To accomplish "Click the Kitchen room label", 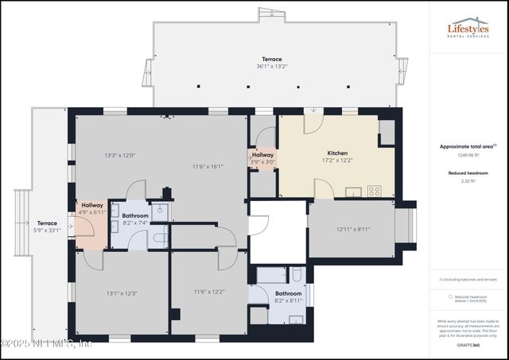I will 337,153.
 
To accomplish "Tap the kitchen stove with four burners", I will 375,191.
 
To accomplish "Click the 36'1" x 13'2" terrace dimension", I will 273,67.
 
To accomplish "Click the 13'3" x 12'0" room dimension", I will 119,155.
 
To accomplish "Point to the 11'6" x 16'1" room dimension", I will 208,166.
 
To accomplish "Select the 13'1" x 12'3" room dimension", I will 122,293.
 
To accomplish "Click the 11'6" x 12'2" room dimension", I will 209,292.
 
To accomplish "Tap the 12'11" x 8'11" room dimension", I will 353,230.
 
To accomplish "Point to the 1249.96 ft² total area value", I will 468,155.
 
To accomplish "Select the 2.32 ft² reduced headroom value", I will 468,182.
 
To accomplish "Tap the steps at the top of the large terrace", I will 270,14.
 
